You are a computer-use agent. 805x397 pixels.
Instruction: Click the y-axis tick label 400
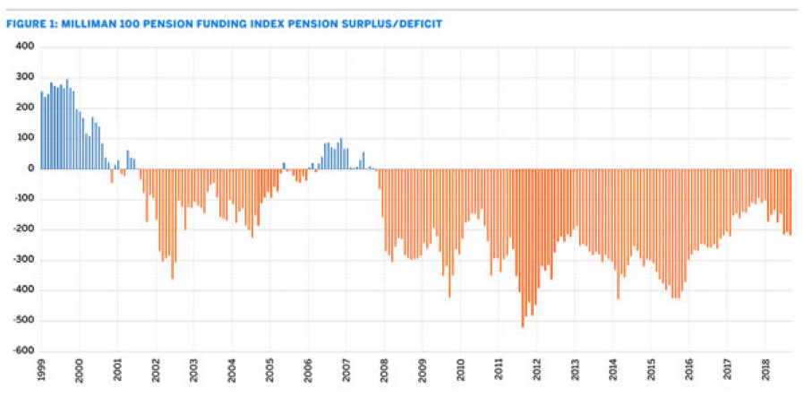[25, 46]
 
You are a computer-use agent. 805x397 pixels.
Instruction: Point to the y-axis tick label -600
[23, 351]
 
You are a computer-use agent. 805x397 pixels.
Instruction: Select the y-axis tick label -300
[23, 260]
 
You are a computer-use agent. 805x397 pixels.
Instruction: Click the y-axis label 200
[25, 107]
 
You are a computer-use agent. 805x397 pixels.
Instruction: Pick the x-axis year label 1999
[41, 373]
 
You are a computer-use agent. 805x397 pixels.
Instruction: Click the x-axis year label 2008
[384, 373]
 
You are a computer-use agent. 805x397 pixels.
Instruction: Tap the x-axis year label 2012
[536, 373]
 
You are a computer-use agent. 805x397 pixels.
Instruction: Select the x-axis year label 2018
[766, 373]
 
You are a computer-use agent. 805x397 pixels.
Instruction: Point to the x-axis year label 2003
[193, 373]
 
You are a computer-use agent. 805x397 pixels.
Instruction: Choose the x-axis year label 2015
[651, 373]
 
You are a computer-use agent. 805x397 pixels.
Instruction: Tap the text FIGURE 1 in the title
[30, 23]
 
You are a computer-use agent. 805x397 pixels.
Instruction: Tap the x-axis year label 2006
[308, 373]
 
